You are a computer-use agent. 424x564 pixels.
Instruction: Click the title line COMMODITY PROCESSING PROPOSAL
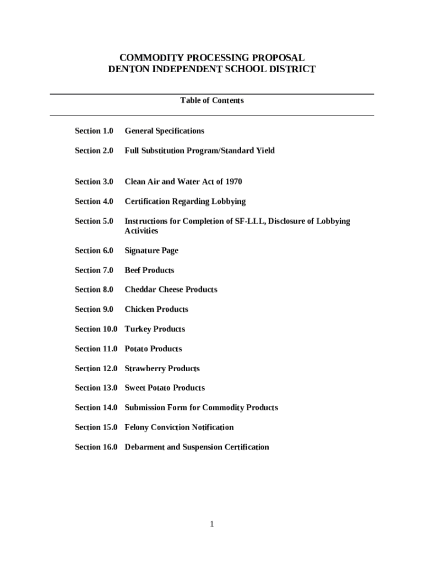tap(212, 58)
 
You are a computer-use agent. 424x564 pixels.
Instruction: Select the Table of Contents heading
tap(212, 100)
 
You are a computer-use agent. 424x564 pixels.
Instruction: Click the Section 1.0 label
tap(94, 131)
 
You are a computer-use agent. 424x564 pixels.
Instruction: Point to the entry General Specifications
tap(164, 131)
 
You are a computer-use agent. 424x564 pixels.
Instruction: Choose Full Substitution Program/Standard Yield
tap(199, 151)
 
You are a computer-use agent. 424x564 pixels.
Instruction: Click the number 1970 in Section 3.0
tap(232, 182)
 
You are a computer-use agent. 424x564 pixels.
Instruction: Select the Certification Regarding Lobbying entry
tap(185, 202)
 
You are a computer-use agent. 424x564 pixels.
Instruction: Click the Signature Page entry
tap(151, 251)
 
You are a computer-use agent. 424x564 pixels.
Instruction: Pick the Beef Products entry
tap(149, 270)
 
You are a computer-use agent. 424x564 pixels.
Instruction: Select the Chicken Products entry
tap(156, 310)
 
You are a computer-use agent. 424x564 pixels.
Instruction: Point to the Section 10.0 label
tap(96, 329)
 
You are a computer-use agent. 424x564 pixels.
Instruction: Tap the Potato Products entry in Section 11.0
tap(153, 349)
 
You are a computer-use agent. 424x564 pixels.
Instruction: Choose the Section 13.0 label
tap(96, 388)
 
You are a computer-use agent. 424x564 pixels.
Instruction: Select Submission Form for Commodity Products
tap(201, 408)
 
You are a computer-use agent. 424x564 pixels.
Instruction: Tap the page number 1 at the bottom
tap(212, 524)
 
